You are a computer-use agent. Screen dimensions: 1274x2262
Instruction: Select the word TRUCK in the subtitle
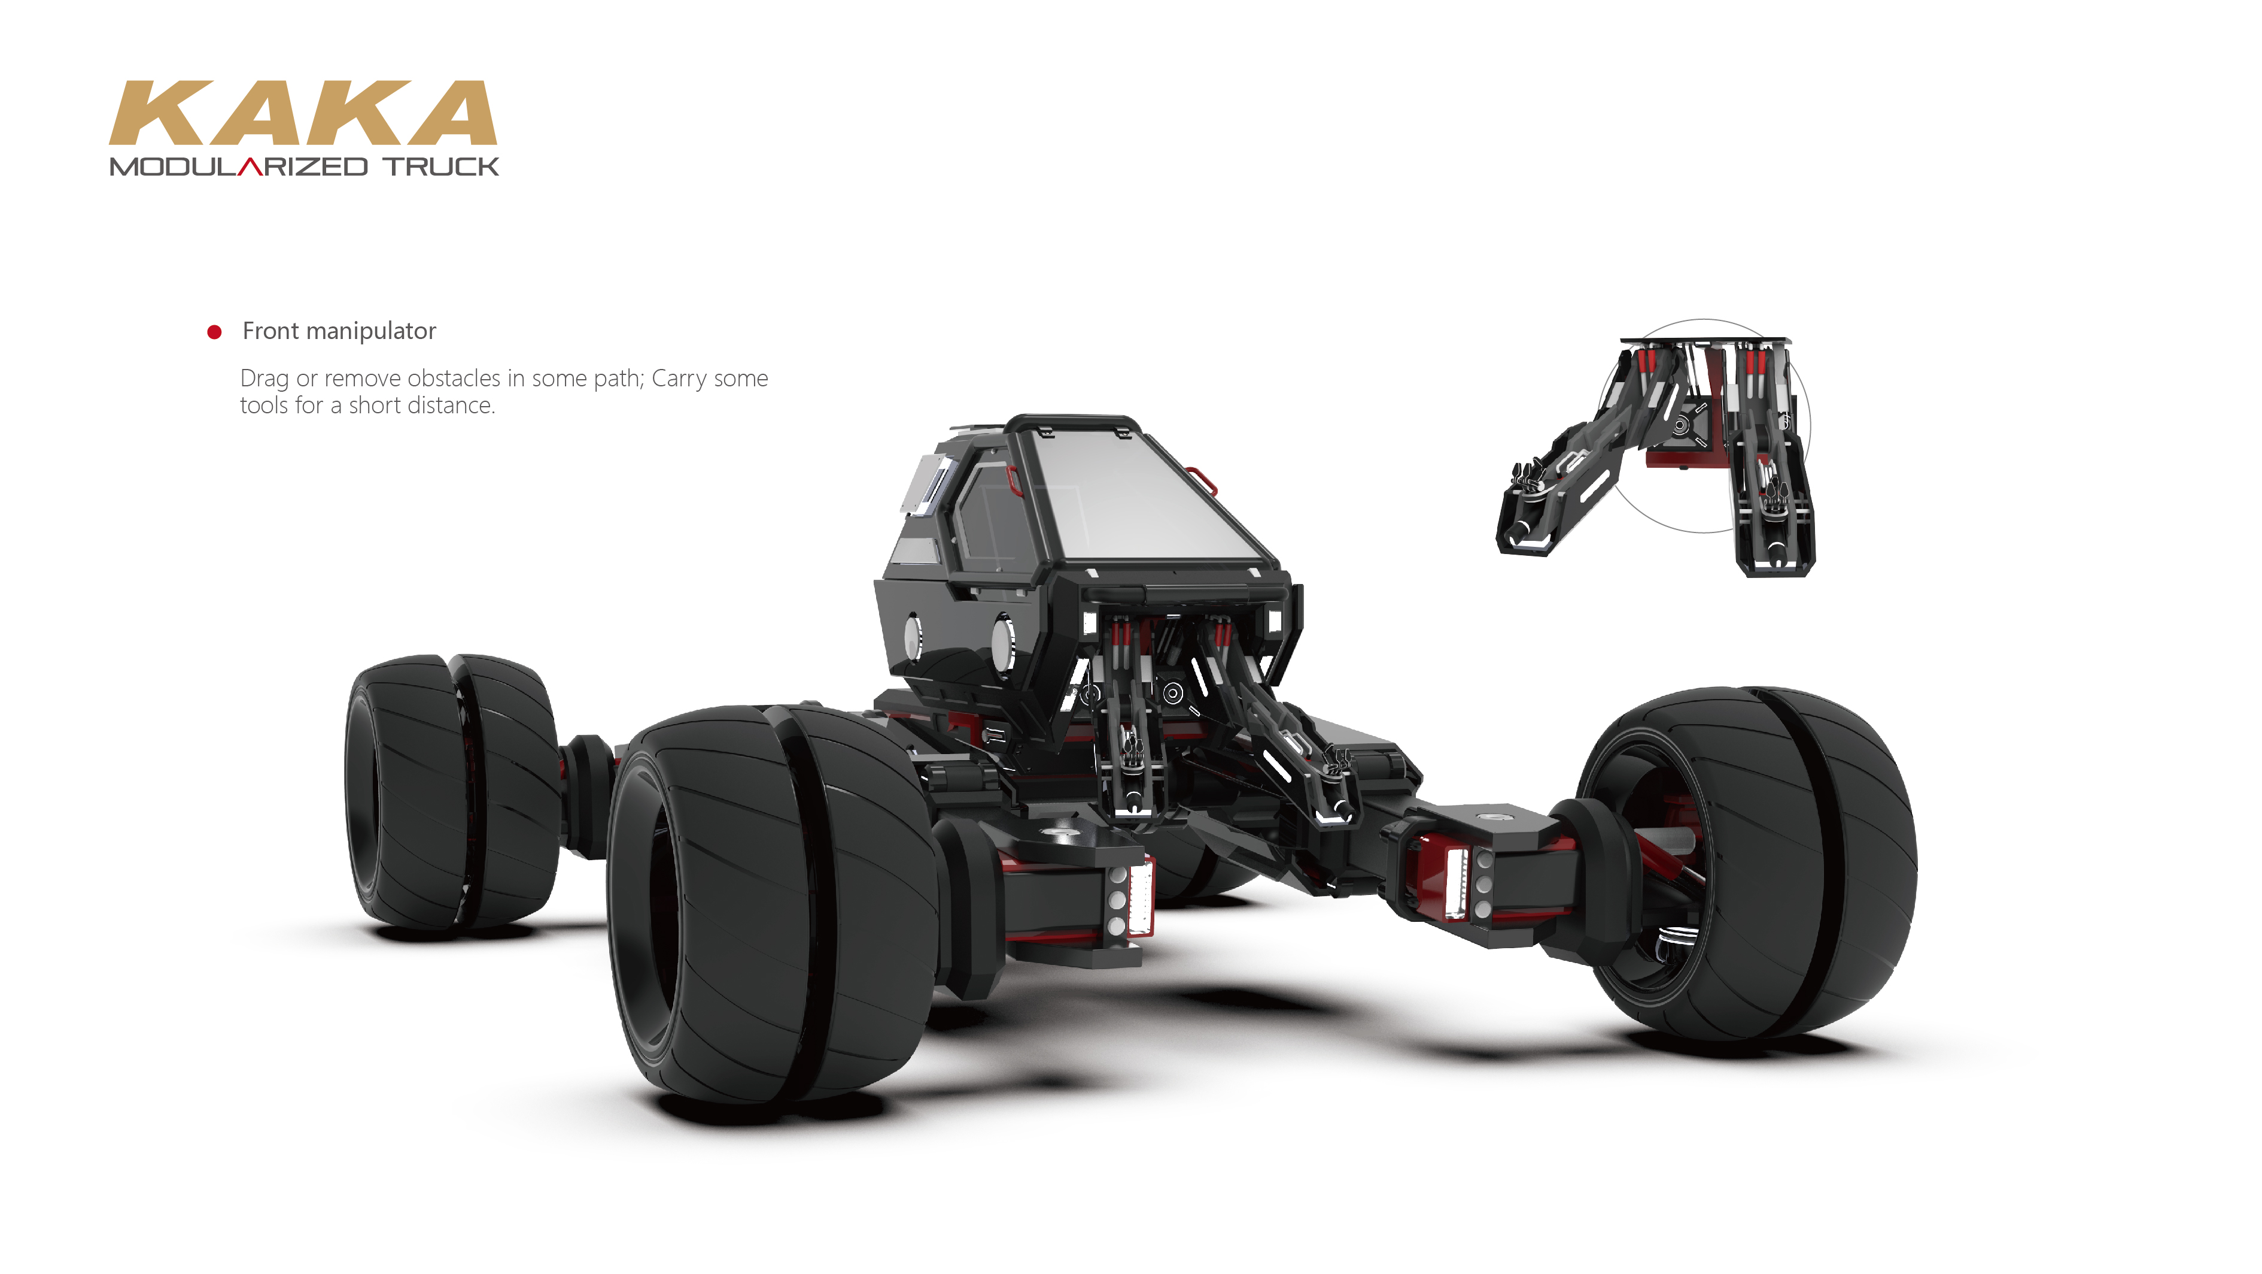441,167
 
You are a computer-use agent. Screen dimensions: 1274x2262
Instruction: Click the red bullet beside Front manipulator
214,332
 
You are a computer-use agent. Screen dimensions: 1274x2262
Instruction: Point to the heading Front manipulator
339,331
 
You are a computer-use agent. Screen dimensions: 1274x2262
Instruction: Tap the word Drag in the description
264,379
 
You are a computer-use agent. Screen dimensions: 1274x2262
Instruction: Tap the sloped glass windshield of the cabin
1142,497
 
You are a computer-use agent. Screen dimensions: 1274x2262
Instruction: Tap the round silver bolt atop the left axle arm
1061,830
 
